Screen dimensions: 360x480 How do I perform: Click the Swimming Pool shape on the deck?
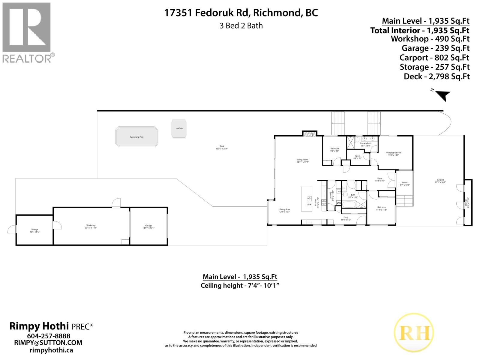pyautogui.click(x=137, y=137)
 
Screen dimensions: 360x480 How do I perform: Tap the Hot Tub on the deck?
pyautogui.click(x=179, y=129)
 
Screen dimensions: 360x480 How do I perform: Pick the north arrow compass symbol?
pyautogui.click(x=442, y=95)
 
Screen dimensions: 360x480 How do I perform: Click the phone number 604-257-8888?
pyautogui.click(x=49, y=336)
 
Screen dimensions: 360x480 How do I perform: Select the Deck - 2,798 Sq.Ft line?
pyautogui.click(x=436, y=76)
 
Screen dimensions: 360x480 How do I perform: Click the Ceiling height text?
pyautogui.click(x=240, y=285)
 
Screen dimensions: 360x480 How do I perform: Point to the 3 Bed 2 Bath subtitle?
pyautogui.click(x=241, y=26)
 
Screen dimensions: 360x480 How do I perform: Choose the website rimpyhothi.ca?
pyautogui.click(x=51, y=350)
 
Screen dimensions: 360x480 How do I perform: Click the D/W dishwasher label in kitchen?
pyautogui.click(x=309, y=204)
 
